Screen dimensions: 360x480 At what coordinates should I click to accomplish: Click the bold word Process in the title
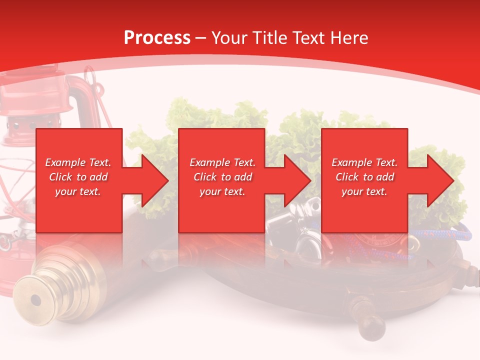pyautogui.click(x=157, y=38)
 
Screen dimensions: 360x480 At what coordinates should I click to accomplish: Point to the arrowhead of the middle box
pyautogui.click(x=296, y=180)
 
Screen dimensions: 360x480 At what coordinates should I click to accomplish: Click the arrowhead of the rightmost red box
pyautogui.click(x=439, y=180)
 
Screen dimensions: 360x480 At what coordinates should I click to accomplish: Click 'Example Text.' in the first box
pyautogui.click(x=78, y=162)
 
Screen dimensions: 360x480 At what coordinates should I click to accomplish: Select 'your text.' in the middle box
pyautogui.click(x=222, y=191)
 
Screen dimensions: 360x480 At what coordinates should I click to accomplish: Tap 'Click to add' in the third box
pyautogui.click(x=365, y=177)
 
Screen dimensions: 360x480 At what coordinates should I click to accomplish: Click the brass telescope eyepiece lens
pyautogui.click(x=35, y=300)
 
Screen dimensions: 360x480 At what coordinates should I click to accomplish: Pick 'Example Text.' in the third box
pyautogui.click(x=364, y=162)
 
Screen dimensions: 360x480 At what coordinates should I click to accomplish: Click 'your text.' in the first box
pyautogui.click(x=78, y=191)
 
